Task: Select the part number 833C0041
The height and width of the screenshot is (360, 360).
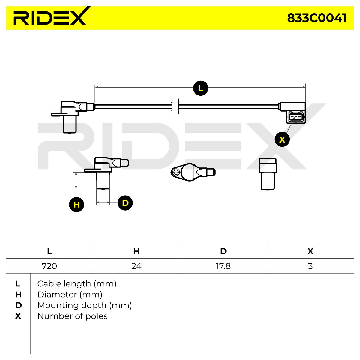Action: (317, 18)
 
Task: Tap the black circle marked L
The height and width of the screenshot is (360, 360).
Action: (201, 88)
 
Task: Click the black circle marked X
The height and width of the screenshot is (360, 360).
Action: (282, 139)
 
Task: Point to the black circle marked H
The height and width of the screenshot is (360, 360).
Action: (76, 204)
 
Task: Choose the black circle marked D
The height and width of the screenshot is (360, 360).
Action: (125, 203)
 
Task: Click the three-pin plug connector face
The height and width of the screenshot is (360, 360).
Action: (295, 117)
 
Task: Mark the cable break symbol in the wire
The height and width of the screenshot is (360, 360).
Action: (175, 106)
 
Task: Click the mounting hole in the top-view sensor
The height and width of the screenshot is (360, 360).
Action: (175, 172)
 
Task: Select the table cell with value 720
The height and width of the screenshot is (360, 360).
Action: (49, 266)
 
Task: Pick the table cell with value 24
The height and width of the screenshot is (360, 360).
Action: (136, 266)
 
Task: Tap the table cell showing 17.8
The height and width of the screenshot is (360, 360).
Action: (223, 266)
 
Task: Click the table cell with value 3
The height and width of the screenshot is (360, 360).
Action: (310, 266)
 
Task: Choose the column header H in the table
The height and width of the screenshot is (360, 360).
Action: (136, 251)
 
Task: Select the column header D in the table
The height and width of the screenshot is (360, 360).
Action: (223, 251)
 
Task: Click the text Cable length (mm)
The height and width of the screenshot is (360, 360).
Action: (77, 284)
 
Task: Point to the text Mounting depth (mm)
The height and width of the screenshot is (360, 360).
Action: (85, 305)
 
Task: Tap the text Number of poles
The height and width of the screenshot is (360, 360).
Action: (73, 316)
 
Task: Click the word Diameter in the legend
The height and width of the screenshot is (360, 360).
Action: (57, 295)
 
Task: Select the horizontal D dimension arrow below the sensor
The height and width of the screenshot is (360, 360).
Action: (103, 202)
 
